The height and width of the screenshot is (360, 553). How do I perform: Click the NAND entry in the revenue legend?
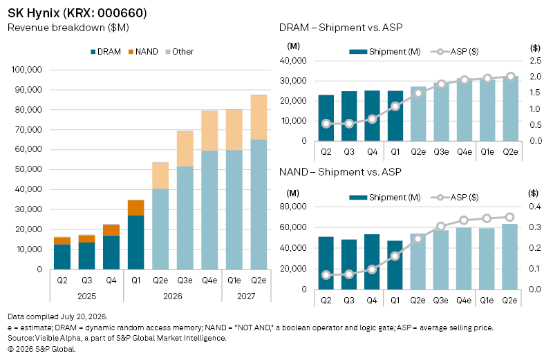tap(143, 52)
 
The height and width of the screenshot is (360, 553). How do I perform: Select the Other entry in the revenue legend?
tap(180, 52)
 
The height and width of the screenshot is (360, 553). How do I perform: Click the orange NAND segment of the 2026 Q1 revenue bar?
tap(135, 208)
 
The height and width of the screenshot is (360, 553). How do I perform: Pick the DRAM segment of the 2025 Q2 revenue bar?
tap(62, 256)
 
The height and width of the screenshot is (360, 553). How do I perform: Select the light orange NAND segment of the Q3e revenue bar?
tap(185, 149)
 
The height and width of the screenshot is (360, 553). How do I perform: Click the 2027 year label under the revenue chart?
tap(246, 296)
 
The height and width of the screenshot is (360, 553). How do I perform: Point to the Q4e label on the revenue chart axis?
tap(209, 281)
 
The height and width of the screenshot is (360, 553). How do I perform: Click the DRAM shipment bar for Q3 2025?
tap(349, 116)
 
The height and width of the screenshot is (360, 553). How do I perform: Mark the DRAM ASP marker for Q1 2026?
tap(395, 106)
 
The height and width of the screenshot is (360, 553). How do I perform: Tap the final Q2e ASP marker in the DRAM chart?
tap(510, 76)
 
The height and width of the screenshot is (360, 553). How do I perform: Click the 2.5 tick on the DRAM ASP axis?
tap(535, 61)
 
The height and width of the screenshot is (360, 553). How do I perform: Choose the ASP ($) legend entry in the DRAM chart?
tap(455, 52)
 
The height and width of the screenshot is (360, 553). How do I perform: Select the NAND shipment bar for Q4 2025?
tap(372, 262)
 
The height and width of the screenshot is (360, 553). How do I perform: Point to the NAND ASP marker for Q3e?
tap(441, 227)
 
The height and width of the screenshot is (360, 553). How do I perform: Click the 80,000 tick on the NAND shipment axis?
tap(293, 207)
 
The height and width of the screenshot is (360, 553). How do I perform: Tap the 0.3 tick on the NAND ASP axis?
tap(534, 227)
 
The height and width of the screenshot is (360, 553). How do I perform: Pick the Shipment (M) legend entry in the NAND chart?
tap(385, 198)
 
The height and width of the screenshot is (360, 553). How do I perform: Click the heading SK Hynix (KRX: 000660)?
tap(77, 13)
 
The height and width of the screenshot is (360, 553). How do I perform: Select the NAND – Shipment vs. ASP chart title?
tap(340, 172)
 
